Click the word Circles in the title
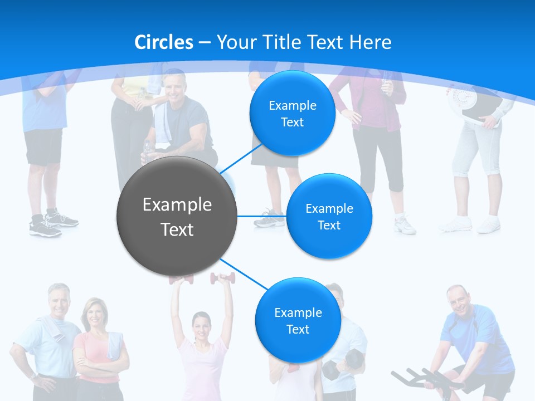coord(163,42)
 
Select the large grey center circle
coord(177,216)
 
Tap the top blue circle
coord(292,113)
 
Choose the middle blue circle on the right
coord(329,216)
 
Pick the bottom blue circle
coord(298,320)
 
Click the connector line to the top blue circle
coord(241,158)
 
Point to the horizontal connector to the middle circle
coord(262,216)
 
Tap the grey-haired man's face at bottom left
coord(58,301)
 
